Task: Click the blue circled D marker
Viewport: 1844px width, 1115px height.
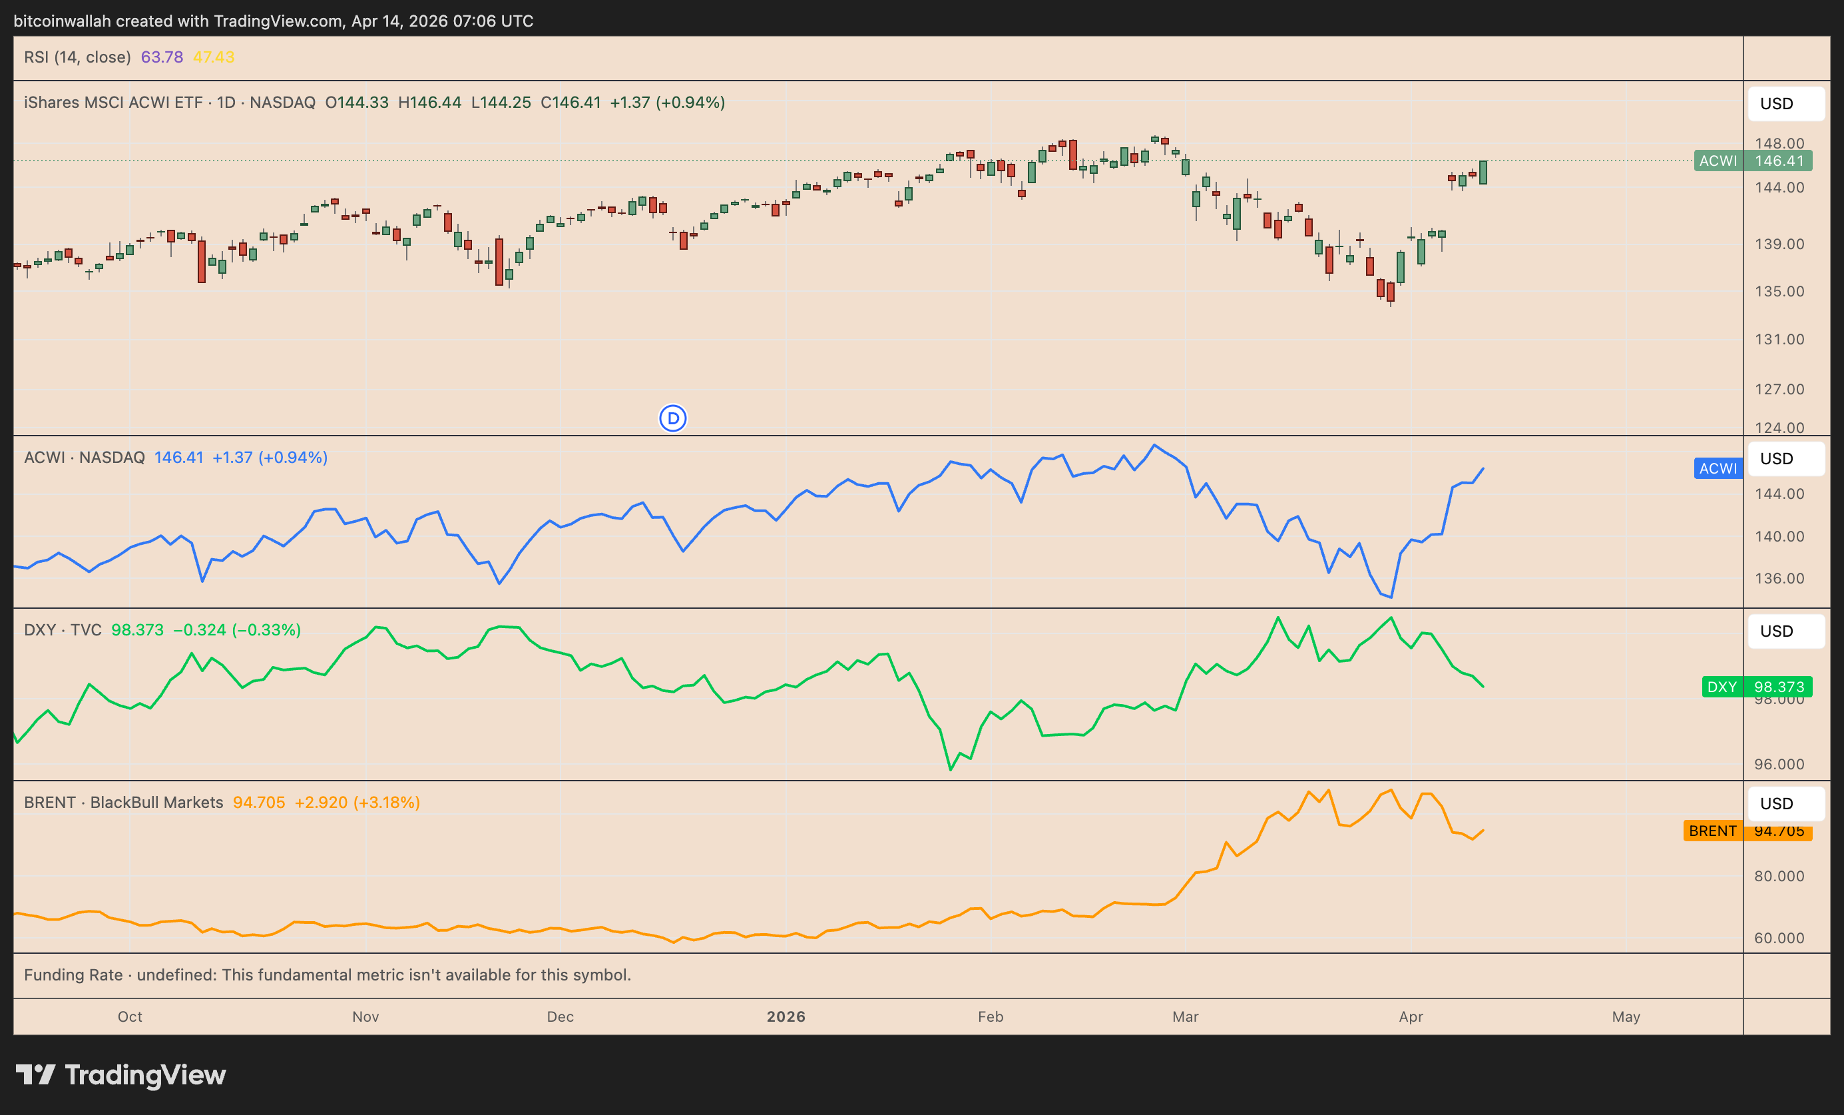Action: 673,418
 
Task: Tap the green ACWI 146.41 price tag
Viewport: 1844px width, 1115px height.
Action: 1753,161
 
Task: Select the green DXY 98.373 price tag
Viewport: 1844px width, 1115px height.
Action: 1756,687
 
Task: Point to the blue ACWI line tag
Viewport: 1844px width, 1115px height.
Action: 1718,469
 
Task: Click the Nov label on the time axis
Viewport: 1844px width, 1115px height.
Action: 365,1017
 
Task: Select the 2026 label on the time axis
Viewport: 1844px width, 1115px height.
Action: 786,1017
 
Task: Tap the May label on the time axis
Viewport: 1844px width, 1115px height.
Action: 1626,1017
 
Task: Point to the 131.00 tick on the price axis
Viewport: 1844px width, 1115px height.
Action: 1779,339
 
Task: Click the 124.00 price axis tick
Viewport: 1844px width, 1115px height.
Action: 1779,428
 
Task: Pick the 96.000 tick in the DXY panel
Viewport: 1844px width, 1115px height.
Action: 1779,765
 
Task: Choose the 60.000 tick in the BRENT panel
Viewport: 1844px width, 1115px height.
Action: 1779,938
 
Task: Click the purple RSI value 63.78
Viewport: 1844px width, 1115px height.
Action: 162,57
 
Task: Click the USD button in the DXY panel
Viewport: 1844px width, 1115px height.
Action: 1785,631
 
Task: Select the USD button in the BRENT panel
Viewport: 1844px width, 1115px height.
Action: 1785,803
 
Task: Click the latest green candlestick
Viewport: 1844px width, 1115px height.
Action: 1483,173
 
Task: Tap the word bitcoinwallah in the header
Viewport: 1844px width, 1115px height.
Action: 62,21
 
